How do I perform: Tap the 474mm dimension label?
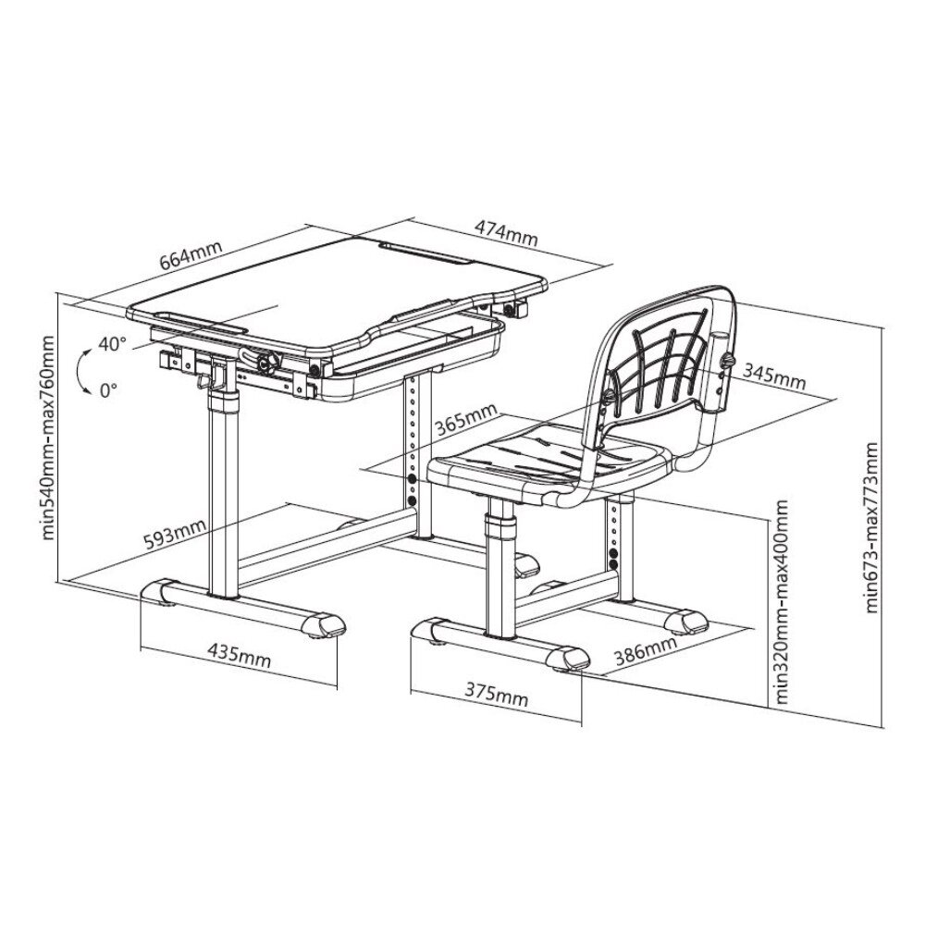(x=507, y=232)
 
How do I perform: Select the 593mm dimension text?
(x=175, y=535)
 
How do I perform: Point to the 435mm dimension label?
(x=239, y=655)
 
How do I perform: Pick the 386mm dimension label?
(x=646, y=650)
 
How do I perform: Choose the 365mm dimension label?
(x=466, y=418)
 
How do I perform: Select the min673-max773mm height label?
(x=872, y=527)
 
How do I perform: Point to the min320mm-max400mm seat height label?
(x=783, y=602)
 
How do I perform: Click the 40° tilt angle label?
(x=112, y=343)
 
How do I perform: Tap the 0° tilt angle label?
(x=108, y=390)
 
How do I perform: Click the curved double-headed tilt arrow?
(x=79, y=371)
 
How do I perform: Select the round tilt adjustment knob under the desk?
(x=269, y=363)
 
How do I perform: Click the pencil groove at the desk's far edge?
(x=425, y=252)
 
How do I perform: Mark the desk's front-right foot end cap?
(x=323, y=624)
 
